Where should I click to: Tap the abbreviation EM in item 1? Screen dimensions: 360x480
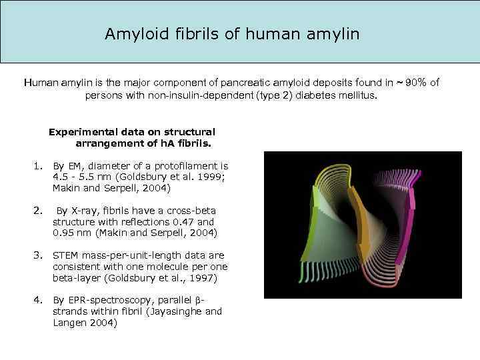point(73,166)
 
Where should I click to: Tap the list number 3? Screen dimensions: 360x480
point(37,255)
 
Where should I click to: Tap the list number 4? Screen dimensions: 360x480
point(37,300)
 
